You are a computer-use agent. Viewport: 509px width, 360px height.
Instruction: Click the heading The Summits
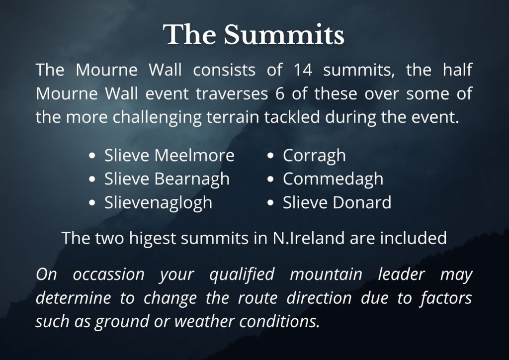[254, 35]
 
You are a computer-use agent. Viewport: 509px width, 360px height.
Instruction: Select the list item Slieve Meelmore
[169, 155]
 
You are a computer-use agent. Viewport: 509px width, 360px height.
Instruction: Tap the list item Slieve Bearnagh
[167, 179]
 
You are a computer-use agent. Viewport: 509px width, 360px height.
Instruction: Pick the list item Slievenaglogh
[158, 202]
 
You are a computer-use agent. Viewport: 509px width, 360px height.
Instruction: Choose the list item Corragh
[314, 156]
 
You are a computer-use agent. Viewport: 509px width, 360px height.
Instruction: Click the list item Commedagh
[333, 179]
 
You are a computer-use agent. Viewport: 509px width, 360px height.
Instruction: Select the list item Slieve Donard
[337, 202]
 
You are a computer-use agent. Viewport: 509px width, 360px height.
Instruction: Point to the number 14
[303, 70]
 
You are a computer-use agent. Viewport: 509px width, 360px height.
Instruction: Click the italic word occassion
[108, 274]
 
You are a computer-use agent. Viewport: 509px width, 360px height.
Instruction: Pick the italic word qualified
[242, 274]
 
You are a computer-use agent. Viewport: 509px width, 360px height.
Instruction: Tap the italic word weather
[204, 321]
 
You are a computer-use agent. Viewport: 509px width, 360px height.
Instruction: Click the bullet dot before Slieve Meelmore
[92, 156]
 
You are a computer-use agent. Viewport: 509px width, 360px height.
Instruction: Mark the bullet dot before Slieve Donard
[271, 203]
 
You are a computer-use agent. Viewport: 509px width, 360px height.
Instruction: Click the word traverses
[232, 94]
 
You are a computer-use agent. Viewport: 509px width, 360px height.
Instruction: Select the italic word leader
[401, 274]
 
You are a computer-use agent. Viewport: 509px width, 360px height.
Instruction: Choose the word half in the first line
[457, 70]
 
